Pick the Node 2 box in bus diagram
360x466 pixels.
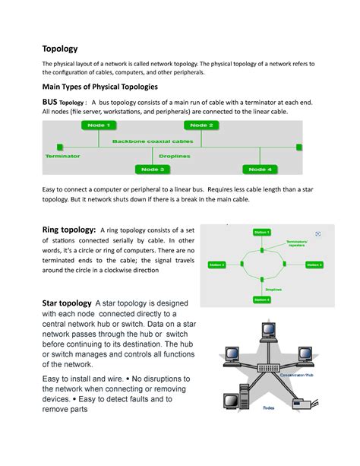pos(201,125)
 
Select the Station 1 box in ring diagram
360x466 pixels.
pos(261,231)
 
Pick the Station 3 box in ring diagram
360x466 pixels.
pos(314,265)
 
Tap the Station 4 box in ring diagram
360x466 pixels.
pos(261,299)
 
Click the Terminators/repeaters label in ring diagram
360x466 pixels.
pos(295,244)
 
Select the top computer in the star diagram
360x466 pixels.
pos(267,329)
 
